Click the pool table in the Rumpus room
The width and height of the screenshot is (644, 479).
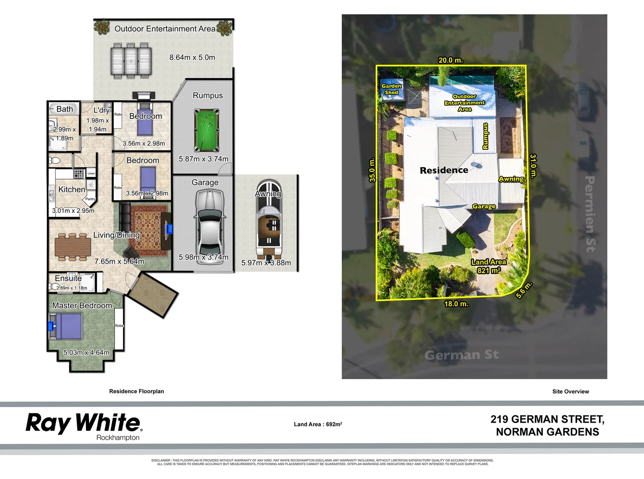(x=207, y=130)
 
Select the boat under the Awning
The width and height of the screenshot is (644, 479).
(x=269, y=220)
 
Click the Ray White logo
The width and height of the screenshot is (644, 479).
(x=84, y=424)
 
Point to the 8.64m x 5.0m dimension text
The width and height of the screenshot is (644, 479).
(x=192, y=57)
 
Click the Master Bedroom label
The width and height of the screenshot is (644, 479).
(x=82, y=306)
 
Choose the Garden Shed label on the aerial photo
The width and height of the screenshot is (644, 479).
(x=391, y=89)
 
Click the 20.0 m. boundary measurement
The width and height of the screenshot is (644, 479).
(x=450, y=60)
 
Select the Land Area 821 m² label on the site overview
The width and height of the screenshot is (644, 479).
(x=489, y=266)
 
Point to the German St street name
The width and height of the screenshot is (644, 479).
(x=461, y=355)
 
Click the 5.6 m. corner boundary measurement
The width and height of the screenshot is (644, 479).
(x=524, y=290)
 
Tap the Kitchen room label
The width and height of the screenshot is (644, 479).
(x=72, y=189)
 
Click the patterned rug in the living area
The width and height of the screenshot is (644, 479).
(x=149, y=230)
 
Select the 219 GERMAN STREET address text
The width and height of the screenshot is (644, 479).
(x=547, y=419)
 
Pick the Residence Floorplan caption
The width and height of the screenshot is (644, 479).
(x=136, y=391)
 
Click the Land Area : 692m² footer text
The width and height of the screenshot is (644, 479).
(x=318, y=424)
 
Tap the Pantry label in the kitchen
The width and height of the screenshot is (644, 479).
(x=90, y=199)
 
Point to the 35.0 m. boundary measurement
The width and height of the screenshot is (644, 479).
(x=372, y=170)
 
